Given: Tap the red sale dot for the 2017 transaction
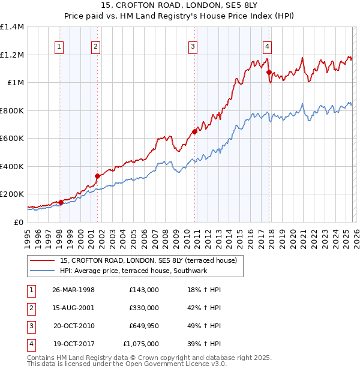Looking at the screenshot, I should click(269, 72).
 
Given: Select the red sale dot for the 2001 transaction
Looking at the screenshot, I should click(97, 176).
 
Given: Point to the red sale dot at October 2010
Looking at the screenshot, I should click(194, 131).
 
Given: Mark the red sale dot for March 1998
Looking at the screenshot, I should click(61, 202).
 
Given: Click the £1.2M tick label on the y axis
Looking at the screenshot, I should click(12, 55).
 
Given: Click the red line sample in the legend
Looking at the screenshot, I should click(43, 260).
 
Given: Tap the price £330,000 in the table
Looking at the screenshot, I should click(143, 308).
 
